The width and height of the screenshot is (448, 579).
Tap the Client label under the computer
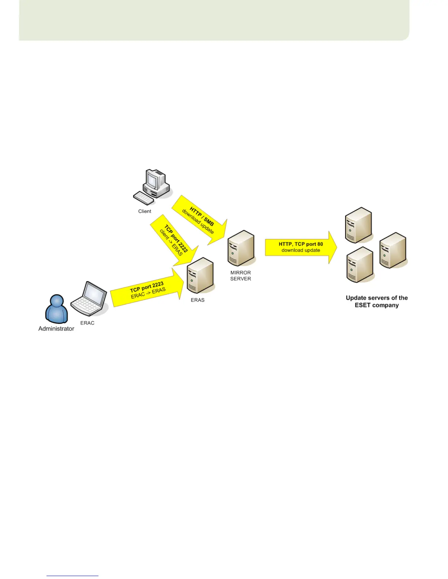coord(145,211)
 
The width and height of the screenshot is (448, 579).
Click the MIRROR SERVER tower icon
coord(240,248)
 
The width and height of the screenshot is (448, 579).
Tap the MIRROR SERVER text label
coord(240,276)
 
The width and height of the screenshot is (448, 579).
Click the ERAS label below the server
coord(198,300)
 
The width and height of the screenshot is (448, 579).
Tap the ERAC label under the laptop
coord(87,323)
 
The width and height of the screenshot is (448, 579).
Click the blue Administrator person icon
coord(56,309)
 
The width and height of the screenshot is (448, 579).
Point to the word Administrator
coord(56,329)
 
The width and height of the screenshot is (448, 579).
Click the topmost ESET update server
coord(358,225)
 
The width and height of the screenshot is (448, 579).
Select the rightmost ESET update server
coord(393,250)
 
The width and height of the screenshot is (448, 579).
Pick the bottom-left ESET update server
coord(360,265)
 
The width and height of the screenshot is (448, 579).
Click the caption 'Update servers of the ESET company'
coord(377,302)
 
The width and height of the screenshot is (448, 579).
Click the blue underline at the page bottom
coord(72,576)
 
